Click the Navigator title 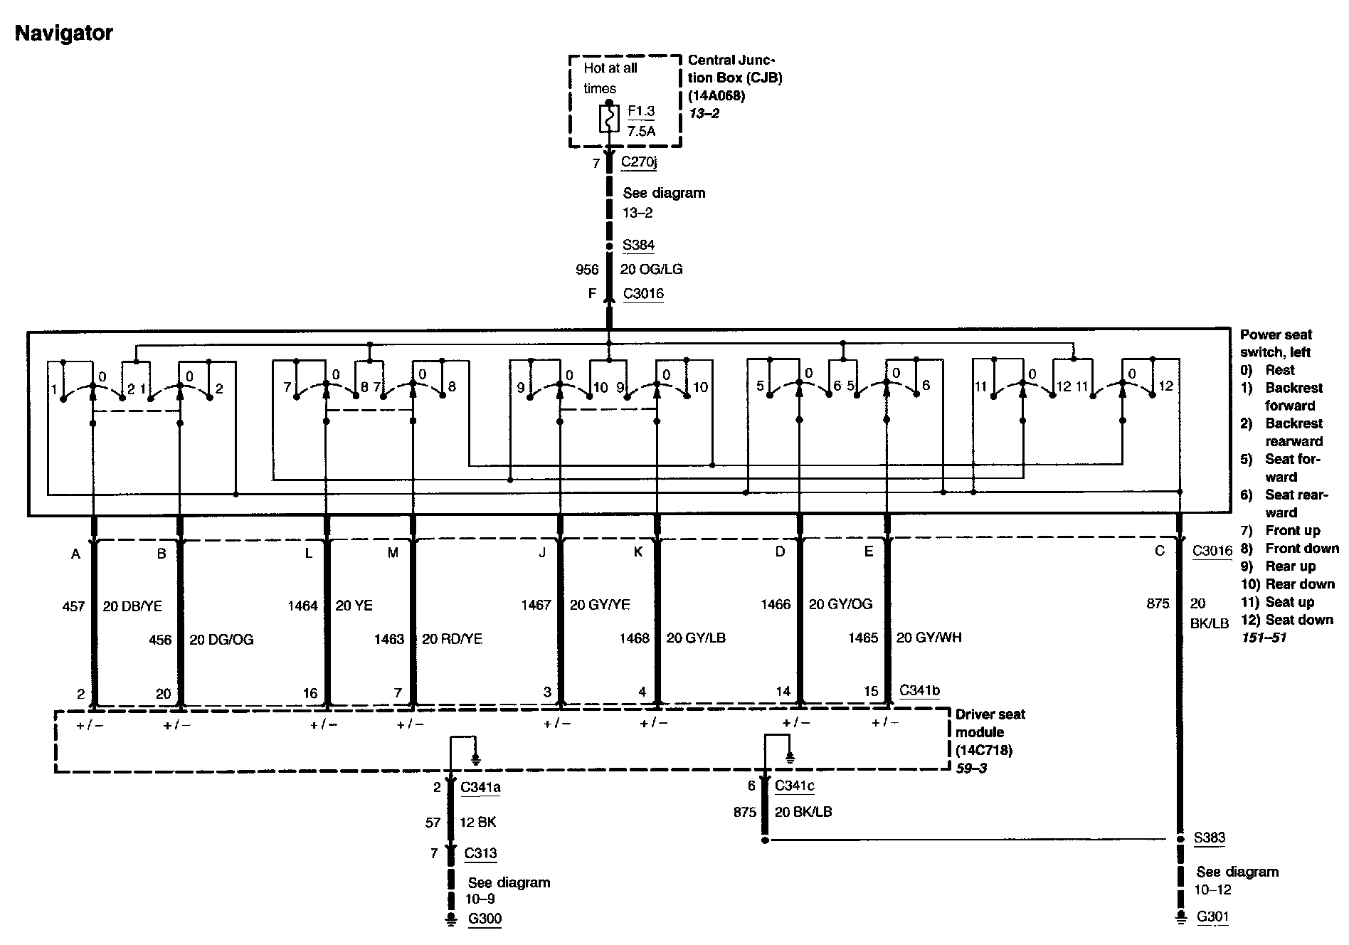pos(64,33)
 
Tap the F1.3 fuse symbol pos(608,120)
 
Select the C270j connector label pos(638,162)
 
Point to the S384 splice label pos(638,245)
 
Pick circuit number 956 pos(587,269)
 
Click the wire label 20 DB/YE pos(132,606)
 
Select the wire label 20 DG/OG pos(221,640)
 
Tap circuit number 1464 pos(302,606)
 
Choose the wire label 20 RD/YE pos(452,639)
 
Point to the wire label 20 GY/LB pos(696,638)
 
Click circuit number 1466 pos(776,604)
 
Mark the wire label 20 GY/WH pos(929,638)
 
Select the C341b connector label pos(919,690)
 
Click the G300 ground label pos(485,919)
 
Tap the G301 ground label pos(1212,917)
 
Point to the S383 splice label pos(1209,838)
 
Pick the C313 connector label pos(480,853)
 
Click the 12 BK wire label pos(477,822)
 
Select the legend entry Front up pos(1292,530)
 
